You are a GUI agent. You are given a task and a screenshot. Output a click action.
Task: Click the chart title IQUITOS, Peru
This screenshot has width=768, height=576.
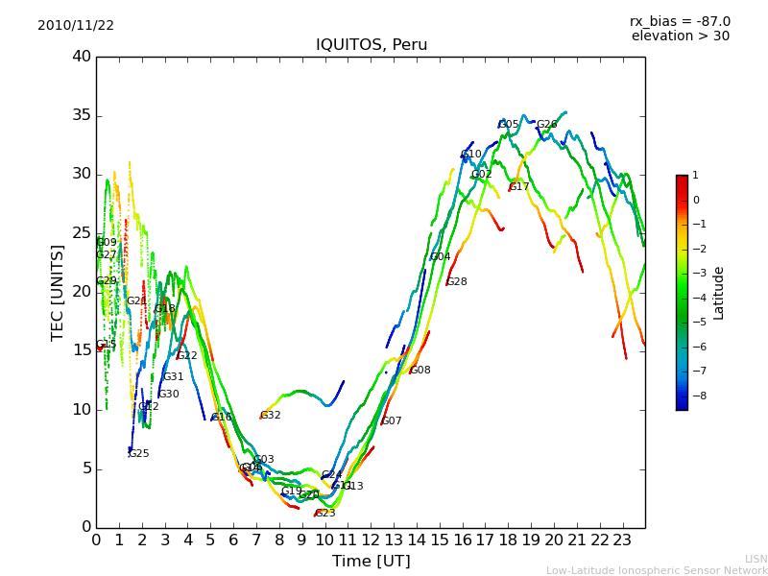click(372, 45)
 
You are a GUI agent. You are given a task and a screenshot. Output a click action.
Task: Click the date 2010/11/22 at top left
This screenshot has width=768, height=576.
click(76, 25)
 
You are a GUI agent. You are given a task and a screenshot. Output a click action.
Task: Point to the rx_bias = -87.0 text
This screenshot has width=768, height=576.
click(680, 21)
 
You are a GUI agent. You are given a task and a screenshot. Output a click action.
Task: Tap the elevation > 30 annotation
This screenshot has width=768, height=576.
click(680, 36)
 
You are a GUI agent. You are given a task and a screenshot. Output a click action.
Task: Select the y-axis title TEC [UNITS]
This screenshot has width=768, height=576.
click(58, 292)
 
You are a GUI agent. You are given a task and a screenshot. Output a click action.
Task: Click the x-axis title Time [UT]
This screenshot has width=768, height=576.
click(371, 561)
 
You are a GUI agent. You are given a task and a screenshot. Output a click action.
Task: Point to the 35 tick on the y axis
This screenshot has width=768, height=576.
click(82, 116)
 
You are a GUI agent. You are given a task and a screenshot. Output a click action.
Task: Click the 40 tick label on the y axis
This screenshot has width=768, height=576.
click(82, 57)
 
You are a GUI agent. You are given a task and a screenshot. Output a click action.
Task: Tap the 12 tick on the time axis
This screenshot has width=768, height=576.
click(371, 540)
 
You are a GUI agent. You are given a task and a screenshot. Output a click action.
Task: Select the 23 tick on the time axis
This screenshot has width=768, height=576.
click(622, 540)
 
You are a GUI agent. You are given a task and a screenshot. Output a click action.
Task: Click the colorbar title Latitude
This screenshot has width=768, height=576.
click(718, 293)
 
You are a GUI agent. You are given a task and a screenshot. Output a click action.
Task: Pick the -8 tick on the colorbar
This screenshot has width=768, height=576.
click(696, 396)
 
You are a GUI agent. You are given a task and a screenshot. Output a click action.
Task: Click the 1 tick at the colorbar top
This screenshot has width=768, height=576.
click(695, 176)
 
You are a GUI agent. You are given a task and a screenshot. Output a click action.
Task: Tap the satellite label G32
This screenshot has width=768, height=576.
click(271, 416)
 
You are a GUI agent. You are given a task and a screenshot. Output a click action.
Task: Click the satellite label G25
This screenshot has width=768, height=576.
click(139, 454)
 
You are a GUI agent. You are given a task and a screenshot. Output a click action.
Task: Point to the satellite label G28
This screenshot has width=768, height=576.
click(457, 282)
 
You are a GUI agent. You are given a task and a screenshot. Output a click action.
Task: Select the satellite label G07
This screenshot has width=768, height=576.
click(392, 421)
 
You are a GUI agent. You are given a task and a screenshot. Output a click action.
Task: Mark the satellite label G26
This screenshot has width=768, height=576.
click(546, 125)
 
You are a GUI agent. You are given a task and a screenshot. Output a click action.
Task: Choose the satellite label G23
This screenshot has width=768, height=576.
click(325, 514)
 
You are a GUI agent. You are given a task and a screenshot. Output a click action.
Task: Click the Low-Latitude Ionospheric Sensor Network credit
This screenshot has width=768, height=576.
click(657, 570)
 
